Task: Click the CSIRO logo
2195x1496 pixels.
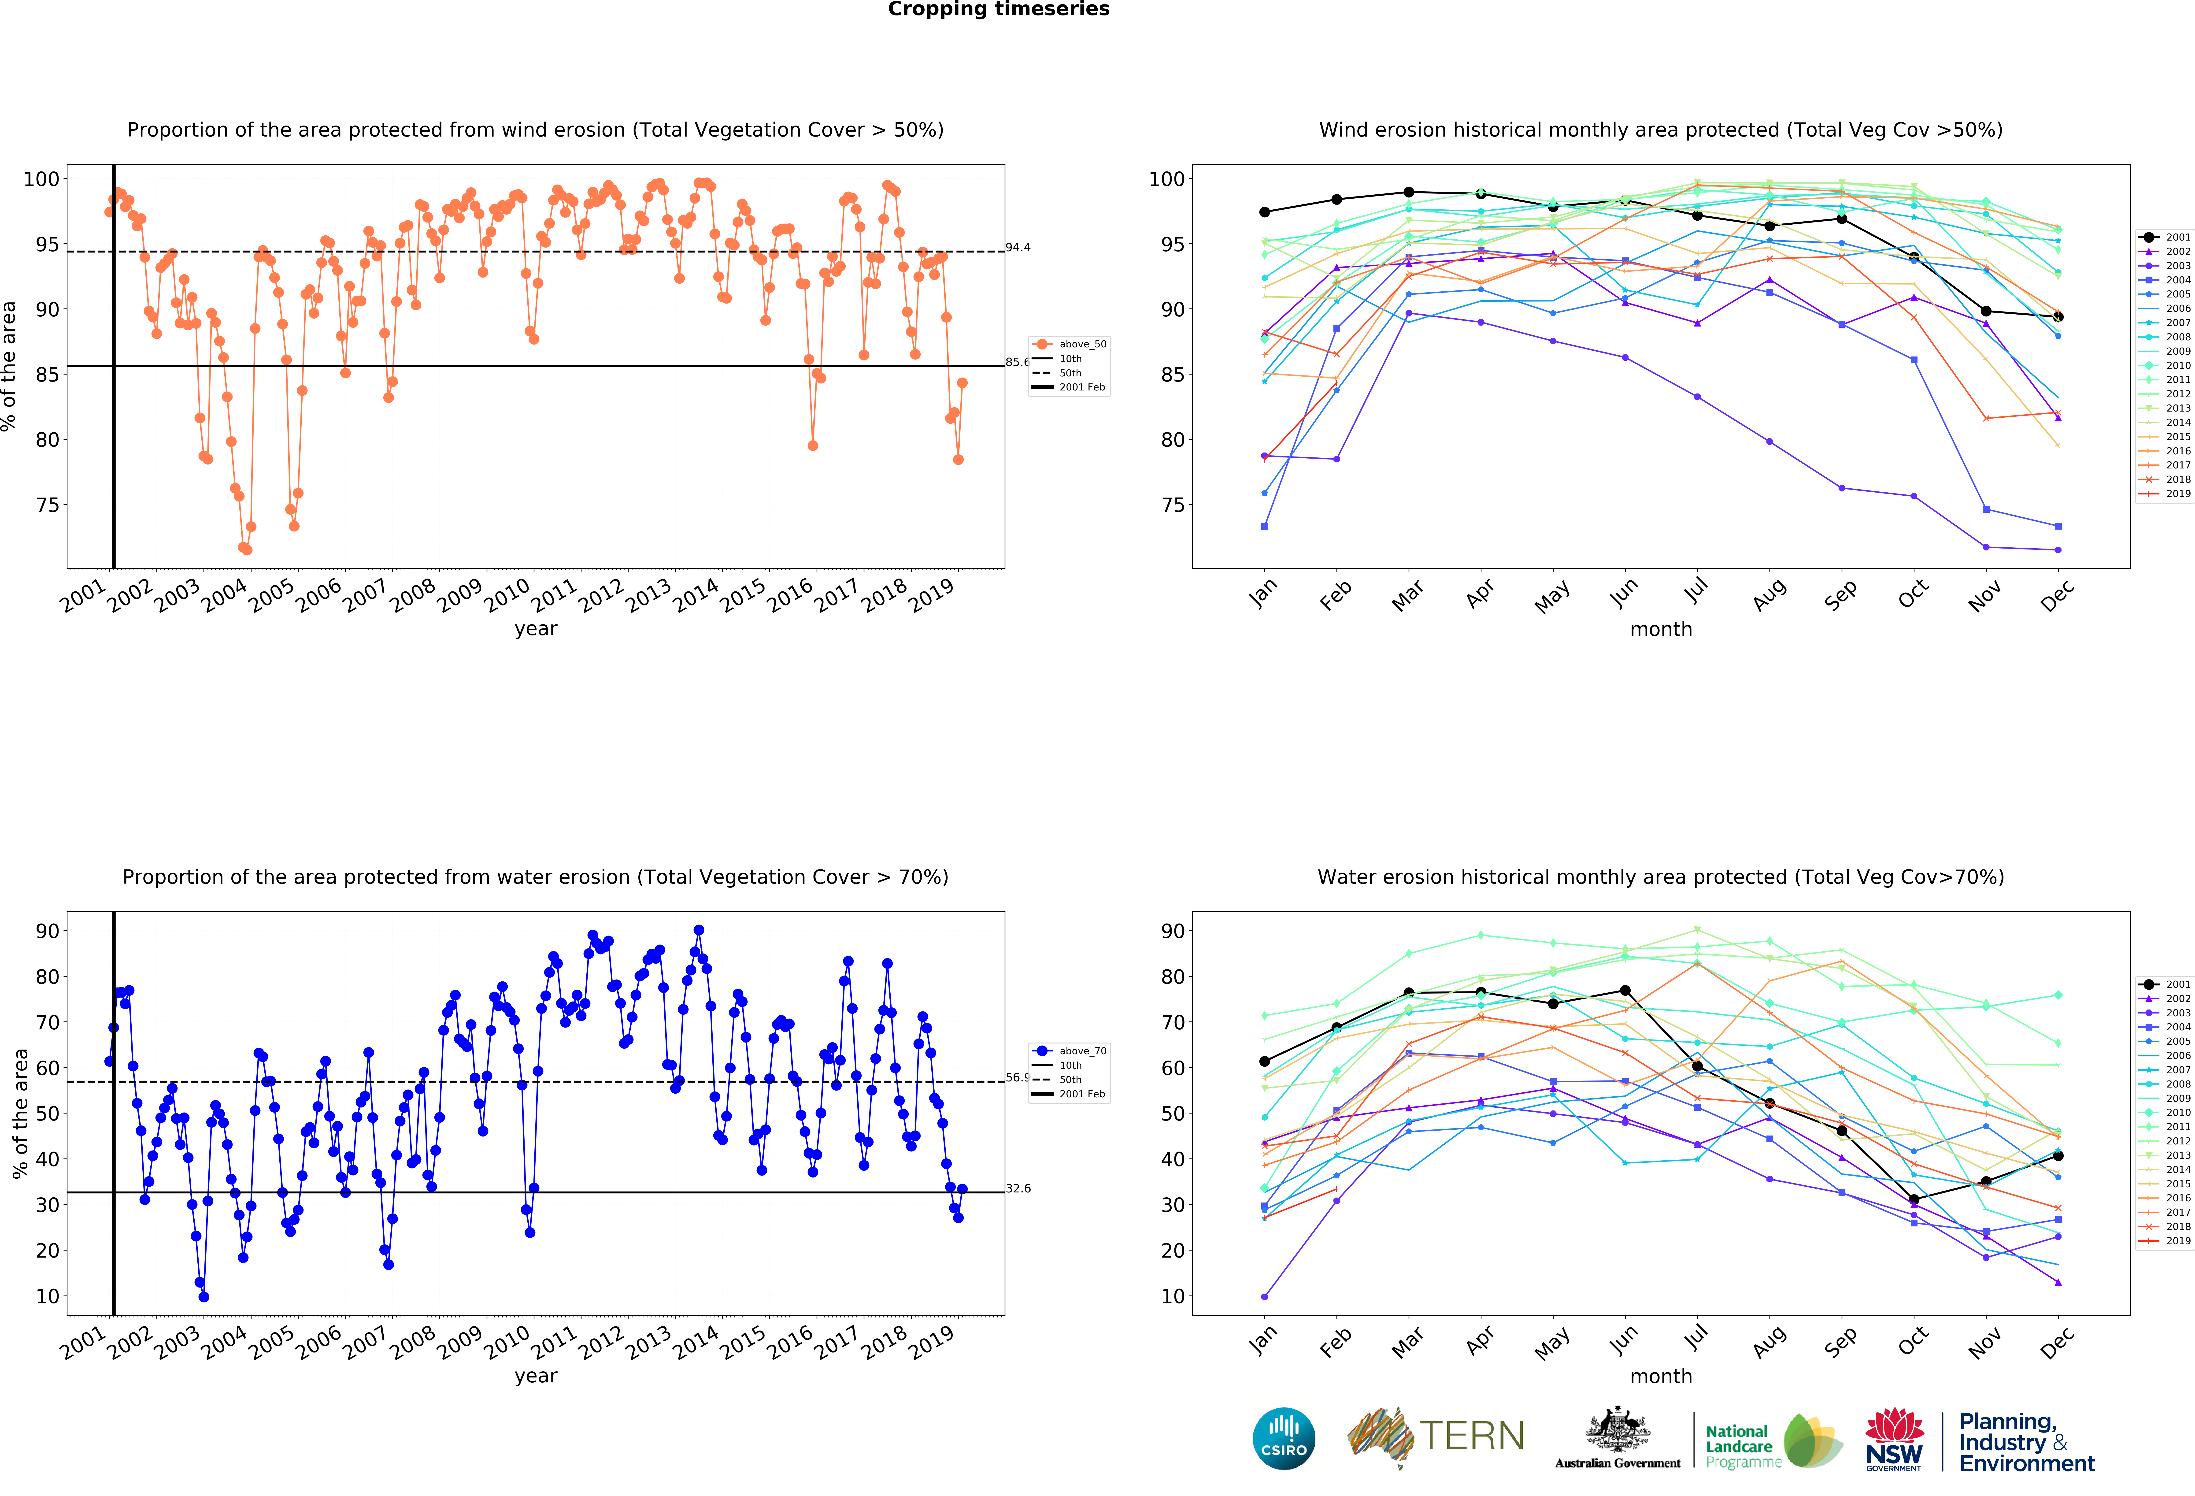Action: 1284,1438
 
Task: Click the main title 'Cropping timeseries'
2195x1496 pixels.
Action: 998,9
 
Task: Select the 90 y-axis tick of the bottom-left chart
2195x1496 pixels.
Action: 47,931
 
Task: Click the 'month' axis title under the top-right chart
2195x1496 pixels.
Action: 1660,629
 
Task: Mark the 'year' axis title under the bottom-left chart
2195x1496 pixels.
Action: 536,1376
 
